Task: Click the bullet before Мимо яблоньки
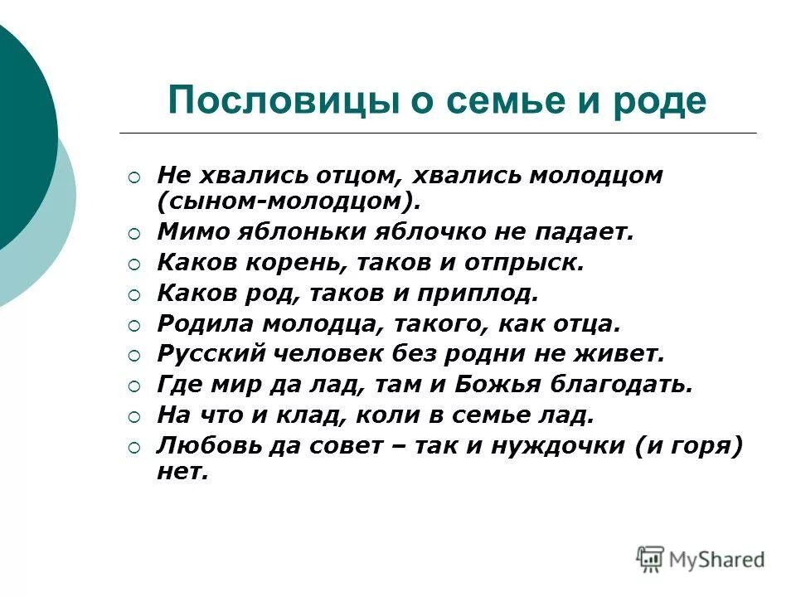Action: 135,233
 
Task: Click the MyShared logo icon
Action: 651,559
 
